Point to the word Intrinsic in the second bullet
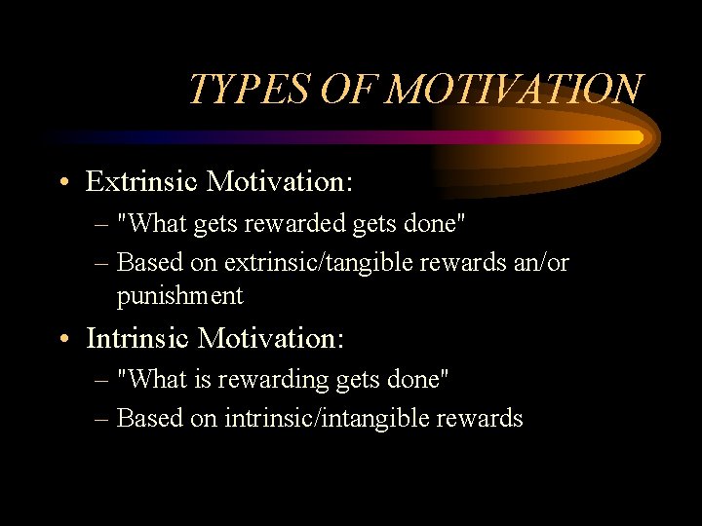pos(137,338)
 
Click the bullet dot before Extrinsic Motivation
pos(63,182)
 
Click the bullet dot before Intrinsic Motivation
pos(63,339)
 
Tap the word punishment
pos(179,294)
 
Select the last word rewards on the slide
pos(483,419)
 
